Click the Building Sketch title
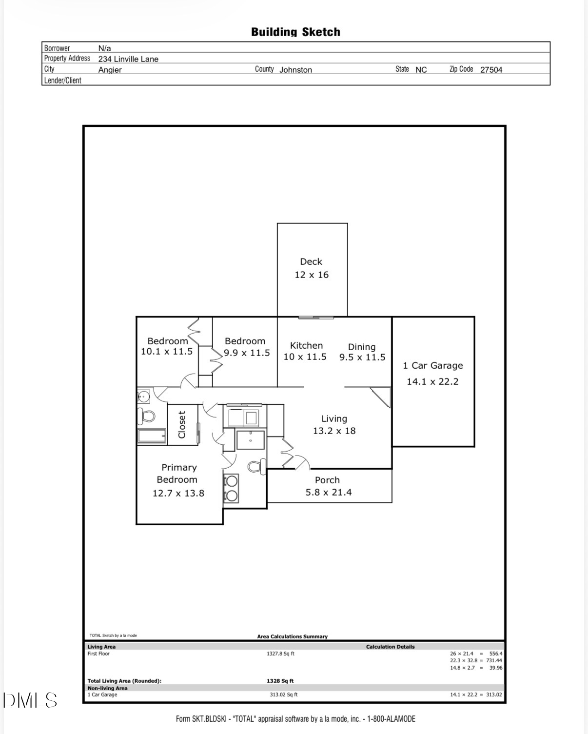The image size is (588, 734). pyautogui.click(x=295, y=32)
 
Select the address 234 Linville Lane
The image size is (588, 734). pyautogui.click(x=128, y=59)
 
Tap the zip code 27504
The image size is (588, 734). pyautogui.click(x=491, y=70)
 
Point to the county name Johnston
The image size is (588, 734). pyautogui.click(x=295, y=70)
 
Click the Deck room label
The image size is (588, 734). pyautogui.click(x=311, y=262)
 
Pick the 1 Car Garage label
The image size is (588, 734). pyautogui.click(x=432, y=366)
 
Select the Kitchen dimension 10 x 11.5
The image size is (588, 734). pyautogui.click(x=305, y=357)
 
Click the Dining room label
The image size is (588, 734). pyautogui.click(x=361, y=347)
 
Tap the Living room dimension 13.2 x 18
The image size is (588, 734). pyautogui.click(x=334, y=431)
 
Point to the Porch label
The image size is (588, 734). pyautogui.click(x=327, y=480)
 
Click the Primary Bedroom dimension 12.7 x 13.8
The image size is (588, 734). pyautogui.click(x=178, y=494)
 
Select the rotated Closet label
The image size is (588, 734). pyautogui.click(x=182, y=424)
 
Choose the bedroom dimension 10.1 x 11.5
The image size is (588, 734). pyautogui.click(x=167, y=352)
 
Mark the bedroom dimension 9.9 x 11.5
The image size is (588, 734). pyautogui.click(x=247, y=353)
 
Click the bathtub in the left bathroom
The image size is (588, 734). pyautogui.click(x=152, y=436)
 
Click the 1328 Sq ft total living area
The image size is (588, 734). pyautogui.click(x=280, y=681)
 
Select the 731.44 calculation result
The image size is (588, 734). pyautogui.click(x=494, y=660)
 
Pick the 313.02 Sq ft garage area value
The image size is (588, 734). pyautogui.click(x=283, y=695)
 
